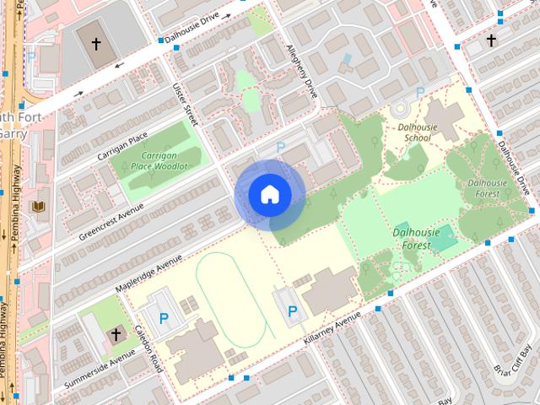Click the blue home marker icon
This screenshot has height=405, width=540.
coord(269,195)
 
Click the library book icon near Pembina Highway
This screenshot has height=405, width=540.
coord(39,207)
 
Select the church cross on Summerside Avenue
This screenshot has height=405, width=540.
coord(116,335)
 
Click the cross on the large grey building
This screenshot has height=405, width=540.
coord(96,42)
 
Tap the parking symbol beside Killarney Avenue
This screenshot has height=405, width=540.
coord(292,313)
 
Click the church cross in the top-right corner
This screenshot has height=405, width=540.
coord(491,40)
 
